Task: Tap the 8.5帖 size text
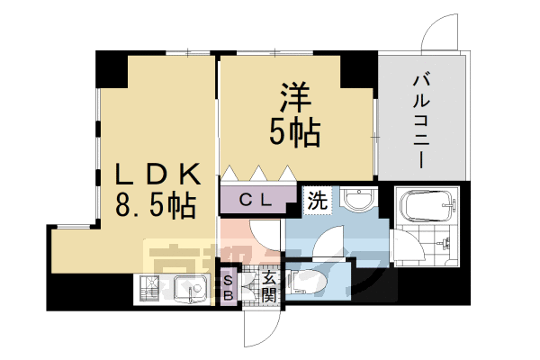(155, 206)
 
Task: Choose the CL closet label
(256, 200)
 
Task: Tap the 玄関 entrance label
(269, 286)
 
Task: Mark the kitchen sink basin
(189, 290)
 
